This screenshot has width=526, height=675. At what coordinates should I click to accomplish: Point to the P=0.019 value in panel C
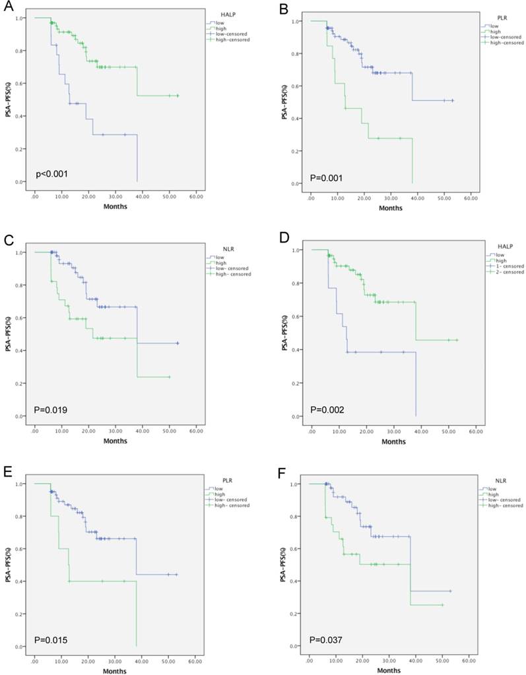51,410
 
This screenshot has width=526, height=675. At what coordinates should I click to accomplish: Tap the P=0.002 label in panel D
328,409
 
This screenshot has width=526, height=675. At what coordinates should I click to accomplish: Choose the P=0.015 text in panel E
51,640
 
